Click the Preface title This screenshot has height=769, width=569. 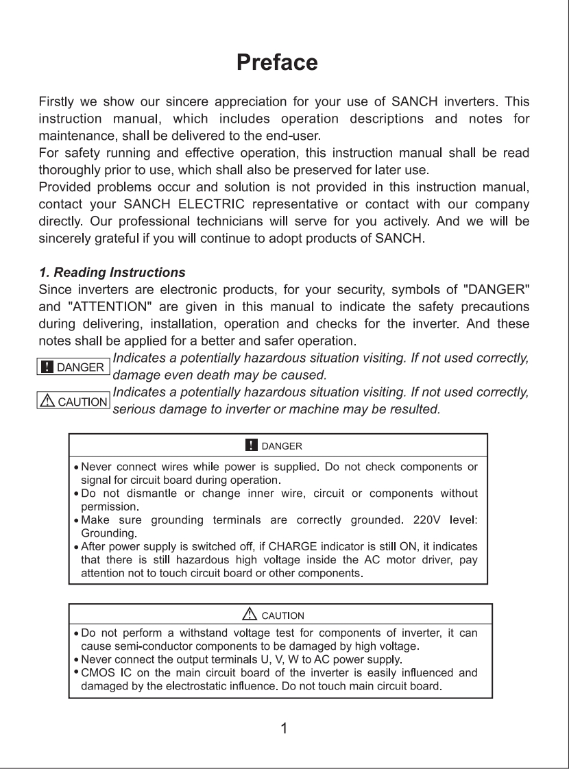(277, 62)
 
